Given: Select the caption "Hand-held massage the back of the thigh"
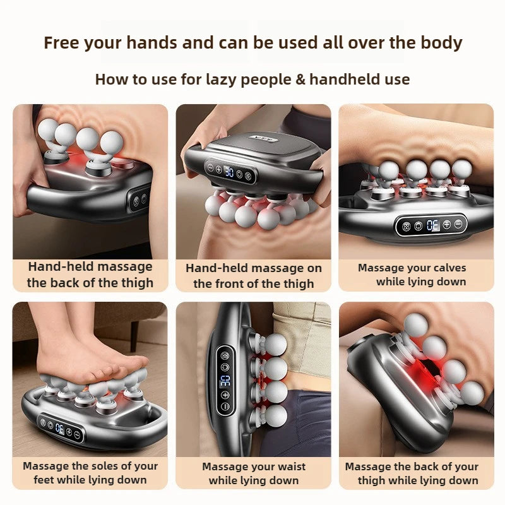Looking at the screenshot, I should coord(90,275).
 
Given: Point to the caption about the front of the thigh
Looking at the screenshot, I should coord(253,276).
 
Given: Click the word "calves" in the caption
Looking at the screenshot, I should coord(445,268).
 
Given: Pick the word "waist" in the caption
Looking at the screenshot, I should coord(287,467).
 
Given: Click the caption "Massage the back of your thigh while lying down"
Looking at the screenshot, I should coord(417,473).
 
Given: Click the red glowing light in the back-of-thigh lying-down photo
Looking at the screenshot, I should coord(414,366).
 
